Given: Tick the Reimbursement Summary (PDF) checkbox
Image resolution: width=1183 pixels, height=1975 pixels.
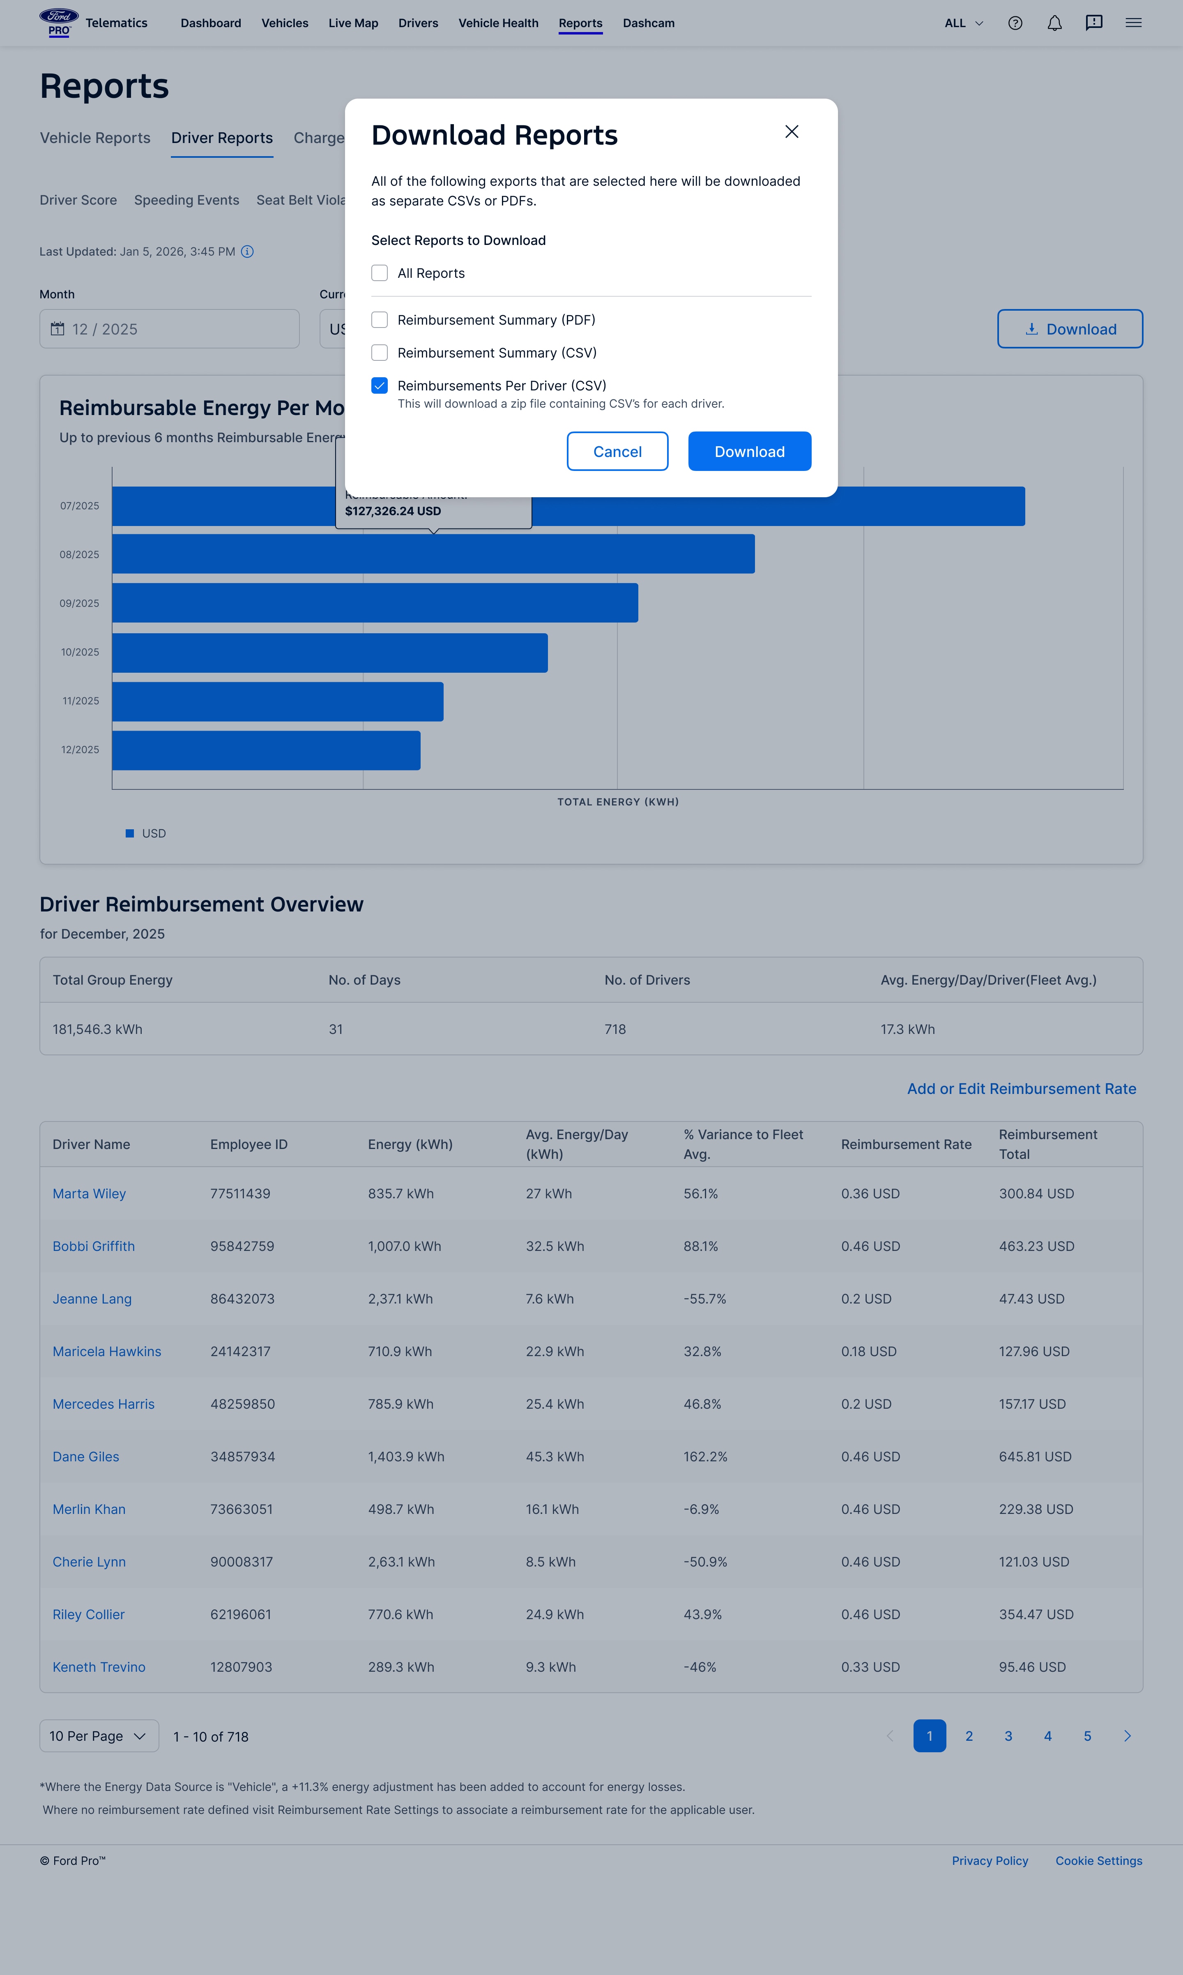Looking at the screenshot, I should coord(380,320).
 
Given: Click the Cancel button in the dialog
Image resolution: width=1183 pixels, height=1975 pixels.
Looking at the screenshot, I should coord(617,451).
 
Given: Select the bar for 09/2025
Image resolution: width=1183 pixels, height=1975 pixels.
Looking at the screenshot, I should coord(375,603).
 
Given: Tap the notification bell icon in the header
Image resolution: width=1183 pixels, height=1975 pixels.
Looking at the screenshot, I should coord(1054,23).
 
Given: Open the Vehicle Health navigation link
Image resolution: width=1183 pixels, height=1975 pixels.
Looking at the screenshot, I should coord(498,23).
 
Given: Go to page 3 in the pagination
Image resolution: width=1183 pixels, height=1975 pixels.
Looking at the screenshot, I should coord(1008,1736).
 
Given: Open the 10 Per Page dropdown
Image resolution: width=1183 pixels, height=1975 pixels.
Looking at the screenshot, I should coord(99,1736).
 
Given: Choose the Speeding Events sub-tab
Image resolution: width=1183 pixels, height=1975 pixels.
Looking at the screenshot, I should coord(186,200).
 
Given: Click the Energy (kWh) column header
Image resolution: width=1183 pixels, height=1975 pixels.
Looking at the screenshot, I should coord(410,1144).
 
